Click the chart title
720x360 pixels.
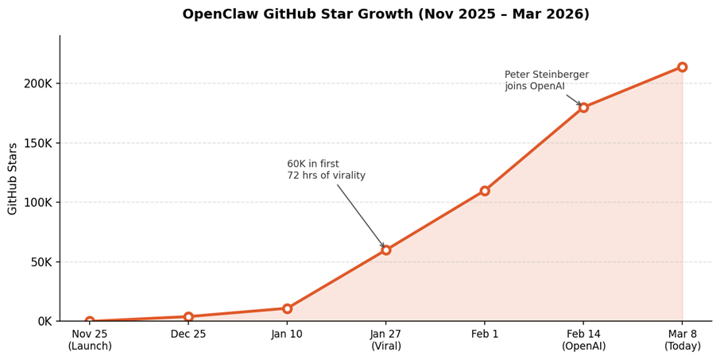pyautogui.click(x=385, y=14)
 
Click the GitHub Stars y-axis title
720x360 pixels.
pyautogui.click(x=13, y=179)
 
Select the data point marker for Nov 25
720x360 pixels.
pyautogui.click(x=90, y=321)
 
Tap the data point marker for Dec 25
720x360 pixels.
pyautogui.click(x=188, y=316)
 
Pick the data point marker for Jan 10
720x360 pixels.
pyautogui.click(x=287, y=308)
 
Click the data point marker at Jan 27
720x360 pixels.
pyautogui.click(x=386, y=250)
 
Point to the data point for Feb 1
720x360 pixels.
pyautogui.click(x=485, y=191)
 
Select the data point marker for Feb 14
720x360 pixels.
pyautogui.click(x=583, y=107)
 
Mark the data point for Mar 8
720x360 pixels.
pyautogui.click(x=682, y=67)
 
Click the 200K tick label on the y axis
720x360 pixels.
pyautogui.click(x=38, y=83)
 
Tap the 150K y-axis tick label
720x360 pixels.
pyautogui.click(x=38, y=143)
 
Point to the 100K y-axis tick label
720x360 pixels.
pyautogui.click(x=38, y=203)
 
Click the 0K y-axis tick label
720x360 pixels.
pyautogui.click(x=45, y=321)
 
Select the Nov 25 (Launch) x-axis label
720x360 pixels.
pyautogui.click(x=90, y=340)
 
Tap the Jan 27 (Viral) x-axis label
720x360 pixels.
pyautogui.click(x=386, y=340)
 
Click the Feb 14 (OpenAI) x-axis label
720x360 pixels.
pyautogui.click(x=583, y=340)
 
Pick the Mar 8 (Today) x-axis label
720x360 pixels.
pyautogui.click(x=682, y=340)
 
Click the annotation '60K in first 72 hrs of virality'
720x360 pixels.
pyautogui.click(x=326, y=170)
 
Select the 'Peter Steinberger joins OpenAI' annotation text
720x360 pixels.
pyautogui.click(x=546, y=80)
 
